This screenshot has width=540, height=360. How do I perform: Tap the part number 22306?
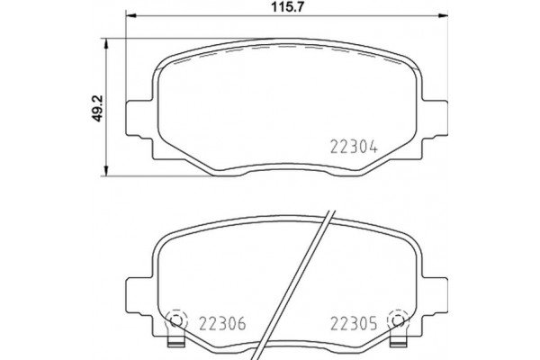click(221, 322)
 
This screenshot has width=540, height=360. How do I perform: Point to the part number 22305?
click(355, 322)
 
